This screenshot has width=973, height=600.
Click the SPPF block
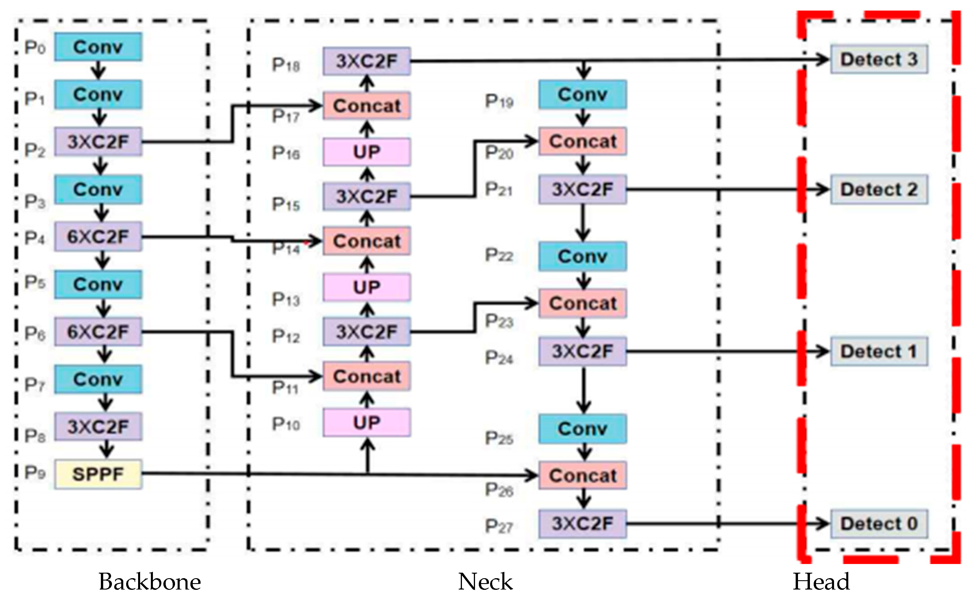click(x=98, y=474)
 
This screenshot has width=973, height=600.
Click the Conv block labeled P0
click(x=98, y=47)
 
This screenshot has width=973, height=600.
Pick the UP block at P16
click(x=366, y=152)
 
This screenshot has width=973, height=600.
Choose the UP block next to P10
click(x=366, y=423)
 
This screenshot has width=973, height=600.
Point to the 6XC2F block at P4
click(x=98, y=237)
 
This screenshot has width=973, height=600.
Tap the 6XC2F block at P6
click(x=98, y=332)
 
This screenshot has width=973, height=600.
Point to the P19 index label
click(x=499, y=101)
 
